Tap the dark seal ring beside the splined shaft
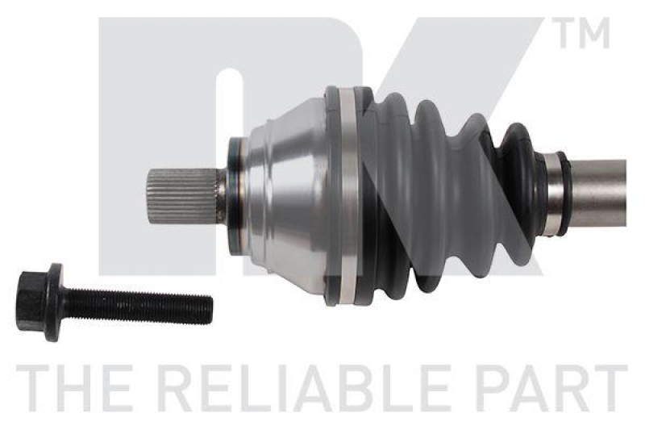coord(235,196)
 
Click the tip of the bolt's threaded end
coord(209,307)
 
